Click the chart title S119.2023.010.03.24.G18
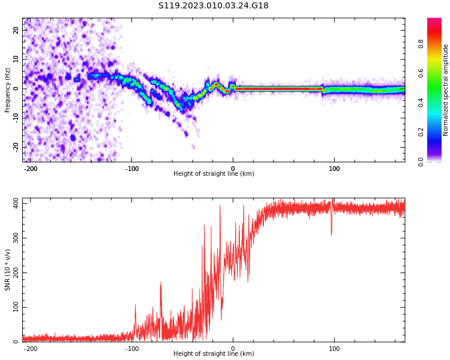[x=213, y=6]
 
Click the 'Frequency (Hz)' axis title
[x=8, y=90]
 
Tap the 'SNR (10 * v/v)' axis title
[x=8, y=270]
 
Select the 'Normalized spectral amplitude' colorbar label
[x=446, y=90]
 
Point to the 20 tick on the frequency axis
[x=16, y=30]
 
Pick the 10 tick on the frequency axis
[x=16, y=59]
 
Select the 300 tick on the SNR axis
[x=14, y=238]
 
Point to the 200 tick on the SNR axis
[x=14, y=273]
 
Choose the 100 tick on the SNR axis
[x=14, y=307]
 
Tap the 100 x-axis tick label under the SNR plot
[x=334, y=349]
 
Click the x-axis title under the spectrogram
[x=214, y=174]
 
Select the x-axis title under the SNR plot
[x=214, y=354]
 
